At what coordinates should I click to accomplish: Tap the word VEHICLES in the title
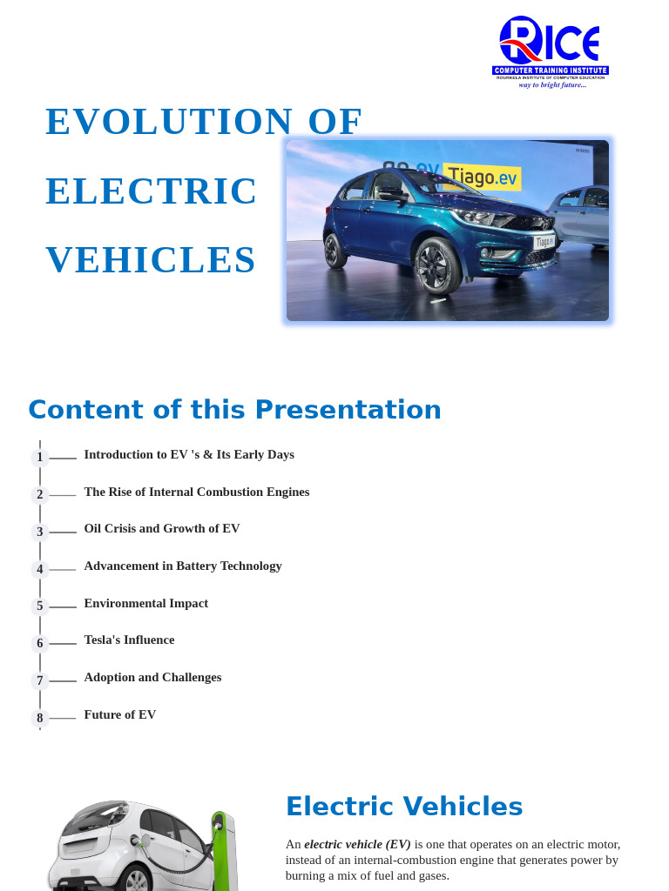(x=151, y=260)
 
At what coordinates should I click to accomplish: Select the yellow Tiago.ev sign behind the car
(x=482, y=177)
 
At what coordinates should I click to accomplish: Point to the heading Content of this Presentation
(x=234, y=410)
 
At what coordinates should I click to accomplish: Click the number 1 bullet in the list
(x=40, y=458)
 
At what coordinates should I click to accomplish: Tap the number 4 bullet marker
(x=40, y=570)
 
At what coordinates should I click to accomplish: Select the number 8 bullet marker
(x=40, y=719)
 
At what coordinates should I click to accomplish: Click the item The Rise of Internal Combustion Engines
(x=197, y=492)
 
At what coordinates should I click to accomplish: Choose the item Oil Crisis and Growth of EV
(x=162, y=528)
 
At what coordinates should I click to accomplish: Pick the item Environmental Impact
(x=146, y=603)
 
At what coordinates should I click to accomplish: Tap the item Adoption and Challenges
(x=152, y=677)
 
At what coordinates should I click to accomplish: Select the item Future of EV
(x=120, y=714)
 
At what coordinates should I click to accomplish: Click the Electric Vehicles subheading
(x=404, y=807)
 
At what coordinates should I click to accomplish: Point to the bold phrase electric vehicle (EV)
(x=357, y=844)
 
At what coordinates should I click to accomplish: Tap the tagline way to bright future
(x=552, y=84)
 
